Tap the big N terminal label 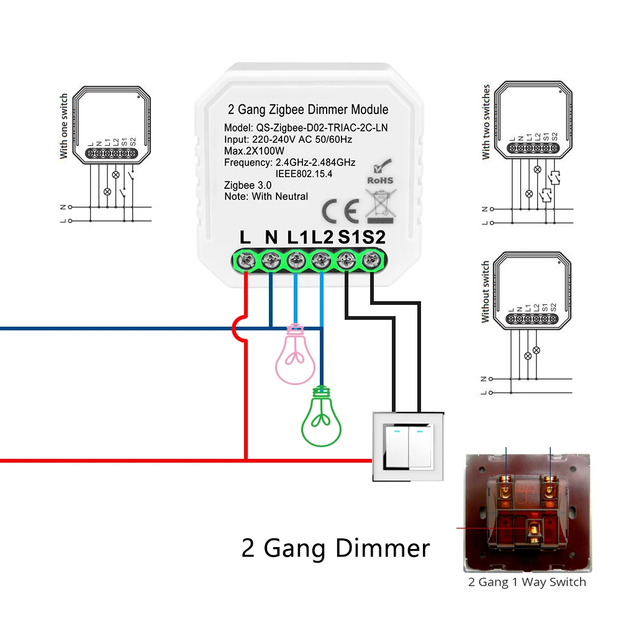pos(271,237)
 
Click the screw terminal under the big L pos(245,261)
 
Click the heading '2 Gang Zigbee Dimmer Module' pos(309,110)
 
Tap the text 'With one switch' pos(64,127)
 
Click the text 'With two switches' pos(486,122)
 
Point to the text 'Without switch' pos(486,292)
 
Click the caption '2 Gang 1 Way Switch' pos(527,582)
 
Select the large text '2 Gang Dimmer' pos(335,548)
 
